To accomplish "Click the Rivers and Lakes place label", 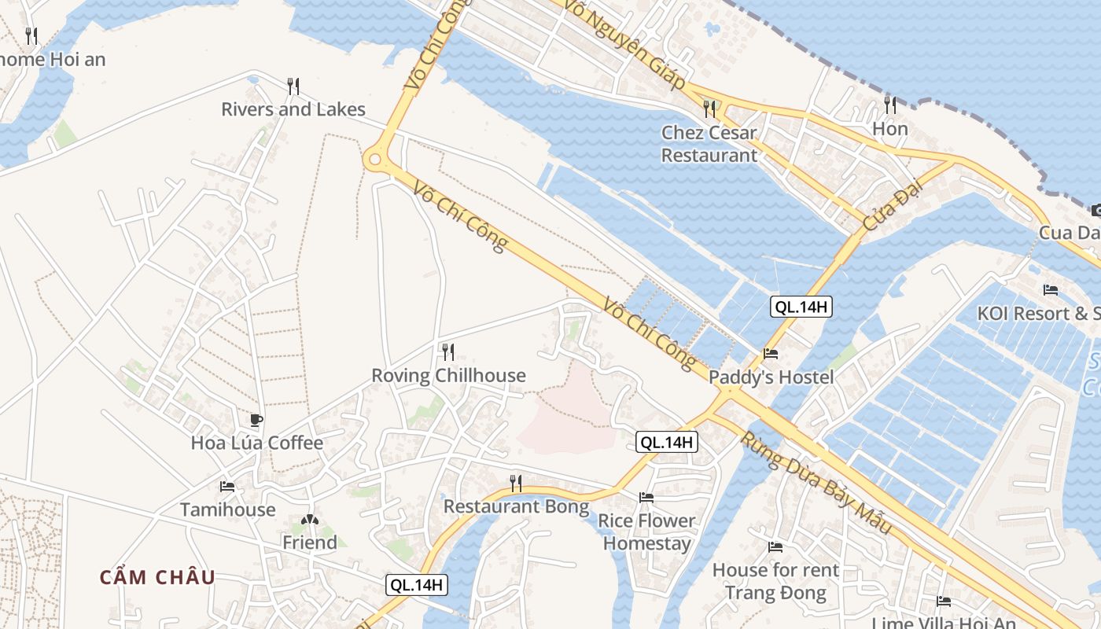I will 293,109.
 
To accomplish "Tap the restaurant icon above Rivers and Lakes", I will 293,85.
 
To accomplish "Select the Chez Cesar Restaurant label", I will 709,144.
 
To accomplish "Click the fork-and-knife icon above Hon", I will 890,105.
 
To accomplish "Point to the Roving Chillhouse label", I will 448,376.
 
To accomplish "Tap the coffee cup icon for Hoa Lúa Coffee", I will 256,419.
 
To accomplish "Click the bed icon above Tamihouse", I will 228,487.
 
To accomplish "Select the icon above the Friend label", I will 310,520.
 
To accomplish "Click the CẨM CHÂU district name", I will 157,577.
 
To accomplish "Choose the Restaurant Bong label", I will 516,506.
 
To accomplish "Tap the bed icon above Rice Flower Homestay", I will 646,497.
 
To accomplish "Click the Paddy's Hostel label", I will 771,377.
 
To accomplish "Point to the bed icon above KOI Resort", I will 1051,289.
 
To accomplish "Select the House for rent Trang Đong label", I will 775,581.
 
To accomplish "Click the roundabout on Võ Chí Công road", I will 375,160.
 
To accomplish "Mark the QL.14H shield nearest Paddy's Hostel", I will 800,307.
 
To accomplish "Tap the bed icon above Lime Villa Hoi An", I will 944,601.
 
